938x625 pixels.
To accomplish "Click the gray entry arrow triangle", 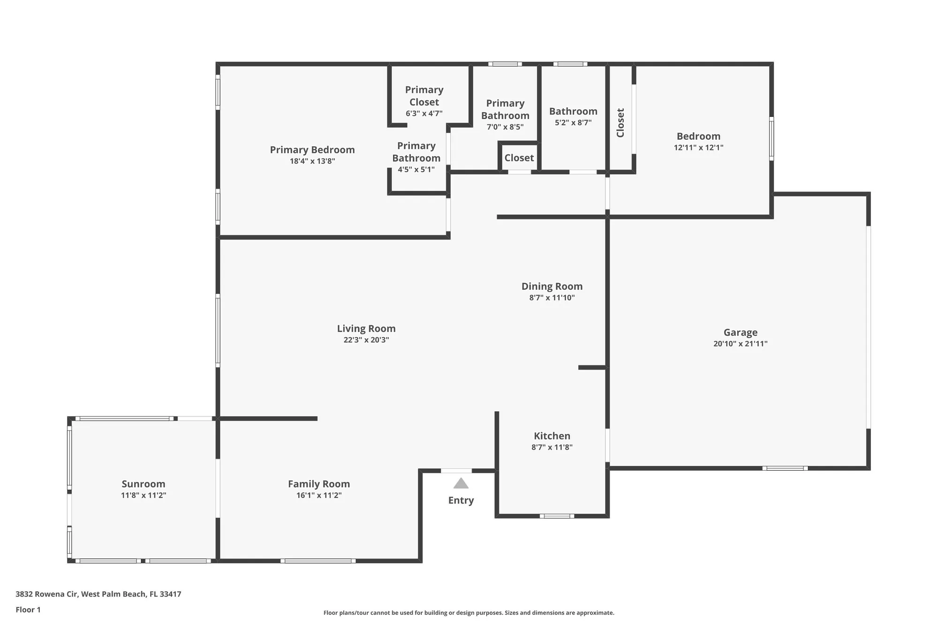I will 461,483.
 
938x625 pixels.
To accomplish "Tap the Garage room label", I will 740,332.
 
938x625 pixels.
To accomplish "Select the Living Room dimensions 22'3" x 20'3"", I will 366,340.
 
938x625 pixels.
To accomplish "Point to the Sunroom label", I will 144,484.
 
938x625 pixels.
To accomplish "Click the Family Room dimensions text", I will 319,496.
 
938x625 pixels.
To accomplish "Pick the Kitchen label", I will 552,436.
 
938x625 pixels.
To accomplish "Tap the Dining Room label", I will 552,286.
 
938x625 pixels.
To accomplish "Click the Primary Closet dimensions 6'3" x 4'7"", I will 424,113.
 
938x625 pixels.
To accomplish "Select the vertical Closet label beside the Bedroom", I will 620,123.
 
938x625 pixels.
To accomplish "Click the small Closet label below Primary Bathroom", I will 519,158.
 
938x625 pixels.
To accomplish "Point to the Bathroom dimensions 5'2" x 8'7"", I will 573,123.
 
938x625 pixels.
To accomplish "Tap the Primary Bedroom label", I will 312,150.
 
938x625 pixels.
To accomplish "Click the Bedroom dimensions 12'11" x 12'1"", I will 698,148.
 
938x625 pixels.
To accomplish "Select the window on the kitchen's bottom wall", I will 557,516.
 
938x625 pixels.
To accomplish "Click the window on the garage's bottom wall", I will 785,468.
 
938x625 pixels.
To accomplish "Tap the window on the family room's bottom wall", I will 318,561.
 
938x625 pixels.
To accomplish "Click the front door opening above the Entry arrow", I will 456,471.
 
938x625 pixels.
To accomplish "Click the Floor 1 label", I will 28,610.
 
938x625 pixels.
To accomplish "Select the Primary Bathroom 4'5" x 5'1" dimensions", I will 416,170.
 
